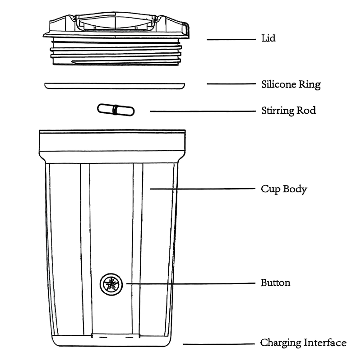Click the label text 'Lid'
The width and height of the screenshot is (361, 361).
(x=268, y=38)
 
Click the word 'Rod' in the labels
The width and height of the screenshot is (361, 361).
(x=308, y=111)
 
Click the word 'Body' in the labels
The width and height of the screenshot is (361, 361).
(x=295, y=189)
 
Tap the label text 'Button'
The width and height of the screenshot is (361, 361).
(x=275, y=283)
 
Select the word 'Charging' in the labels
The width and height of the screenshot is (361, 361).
(x=281, y=343)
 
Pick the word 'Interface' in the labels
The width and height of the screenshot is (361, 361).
(x=324, y=343)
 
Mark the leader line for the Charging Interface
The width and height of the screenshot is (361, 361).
(x=218, y=344)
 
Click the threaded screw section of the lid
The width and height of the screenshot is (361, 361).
(x=116, y=52)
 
